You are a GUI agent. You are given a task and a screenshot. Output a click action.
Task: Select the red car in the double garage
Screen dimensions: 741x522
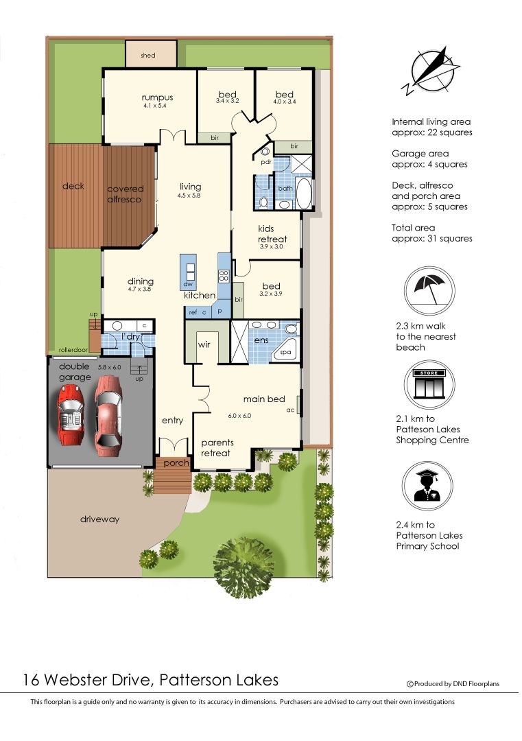(71, 414)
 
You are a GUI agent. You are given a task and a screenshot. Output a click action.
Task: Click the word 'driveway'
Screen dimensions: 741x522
(99, 519)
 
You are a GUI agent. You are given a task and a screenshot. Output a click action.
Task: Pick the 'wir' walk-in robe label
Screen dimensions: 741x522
(204, 345)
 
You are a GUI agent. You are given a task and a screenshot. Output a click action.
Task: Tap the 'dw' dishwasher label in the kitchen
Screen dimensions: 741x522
(187, 284)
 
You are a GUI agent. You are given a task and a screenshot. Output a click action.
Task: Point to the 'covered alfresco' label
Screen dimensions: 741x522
(126, 194)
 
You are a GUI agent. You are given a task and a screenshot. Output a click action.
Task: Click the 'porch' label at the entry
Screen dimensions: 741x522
(176, 464)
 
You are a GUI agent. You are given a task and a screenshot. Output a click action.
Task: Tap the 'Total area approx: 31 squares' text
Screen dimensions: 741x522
(431, 233)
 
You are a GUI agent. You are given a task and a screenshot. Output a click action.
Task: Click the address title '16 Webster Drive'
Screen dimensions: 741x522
(150, 680)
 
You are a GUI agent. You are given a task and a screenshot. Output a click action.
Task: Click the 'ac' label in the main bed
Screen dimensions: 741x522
(291, 410)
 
